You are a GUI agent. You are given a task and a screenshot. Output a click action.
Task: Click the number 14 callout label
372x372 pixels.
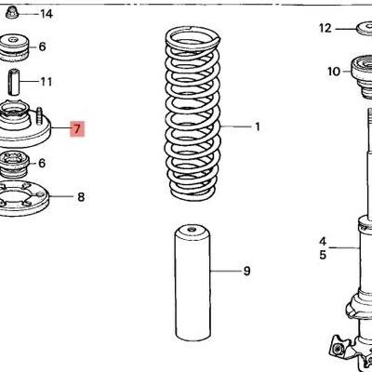click(x=46, y=14)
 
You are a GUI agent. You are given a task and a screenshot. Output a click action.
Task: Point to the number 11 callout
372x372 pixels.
click(x=46, y=82)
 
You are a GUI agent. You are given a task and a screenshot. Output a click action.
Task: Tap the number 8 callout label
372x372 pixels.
click(x=81, y=197)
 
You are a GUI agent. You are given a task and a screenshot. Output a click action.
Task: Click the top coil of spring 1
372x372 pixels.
click(x=192, y=37)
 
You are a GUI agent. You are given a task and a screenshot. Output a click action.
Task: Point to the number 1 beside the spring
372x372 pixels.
click(x=258, y=126)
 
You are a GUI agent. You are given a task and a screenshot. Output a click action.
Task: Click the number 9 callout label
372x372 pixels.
click(x=246, y=272)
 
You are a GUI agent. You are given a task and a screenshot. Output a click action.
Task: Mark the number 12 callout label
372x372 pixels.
click(x=325, y=28)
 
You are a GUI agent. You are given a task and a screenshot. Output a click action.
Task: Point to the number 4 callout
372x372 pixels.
click(x=322, y=239)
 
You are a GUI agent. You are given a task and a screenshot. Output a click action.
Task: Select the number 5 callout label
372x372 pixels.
click(x=322, y=254)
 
